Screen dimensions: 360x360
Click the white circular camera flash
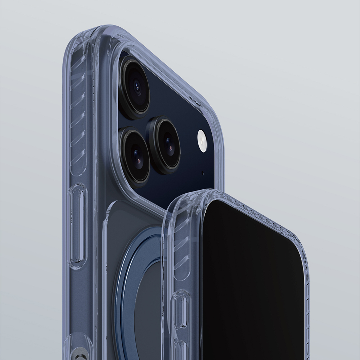(202, 140)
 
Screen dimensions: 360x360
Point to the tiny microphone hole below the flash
(202, 173)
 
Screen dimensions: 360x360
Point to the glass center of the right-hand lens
(168, 144)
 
